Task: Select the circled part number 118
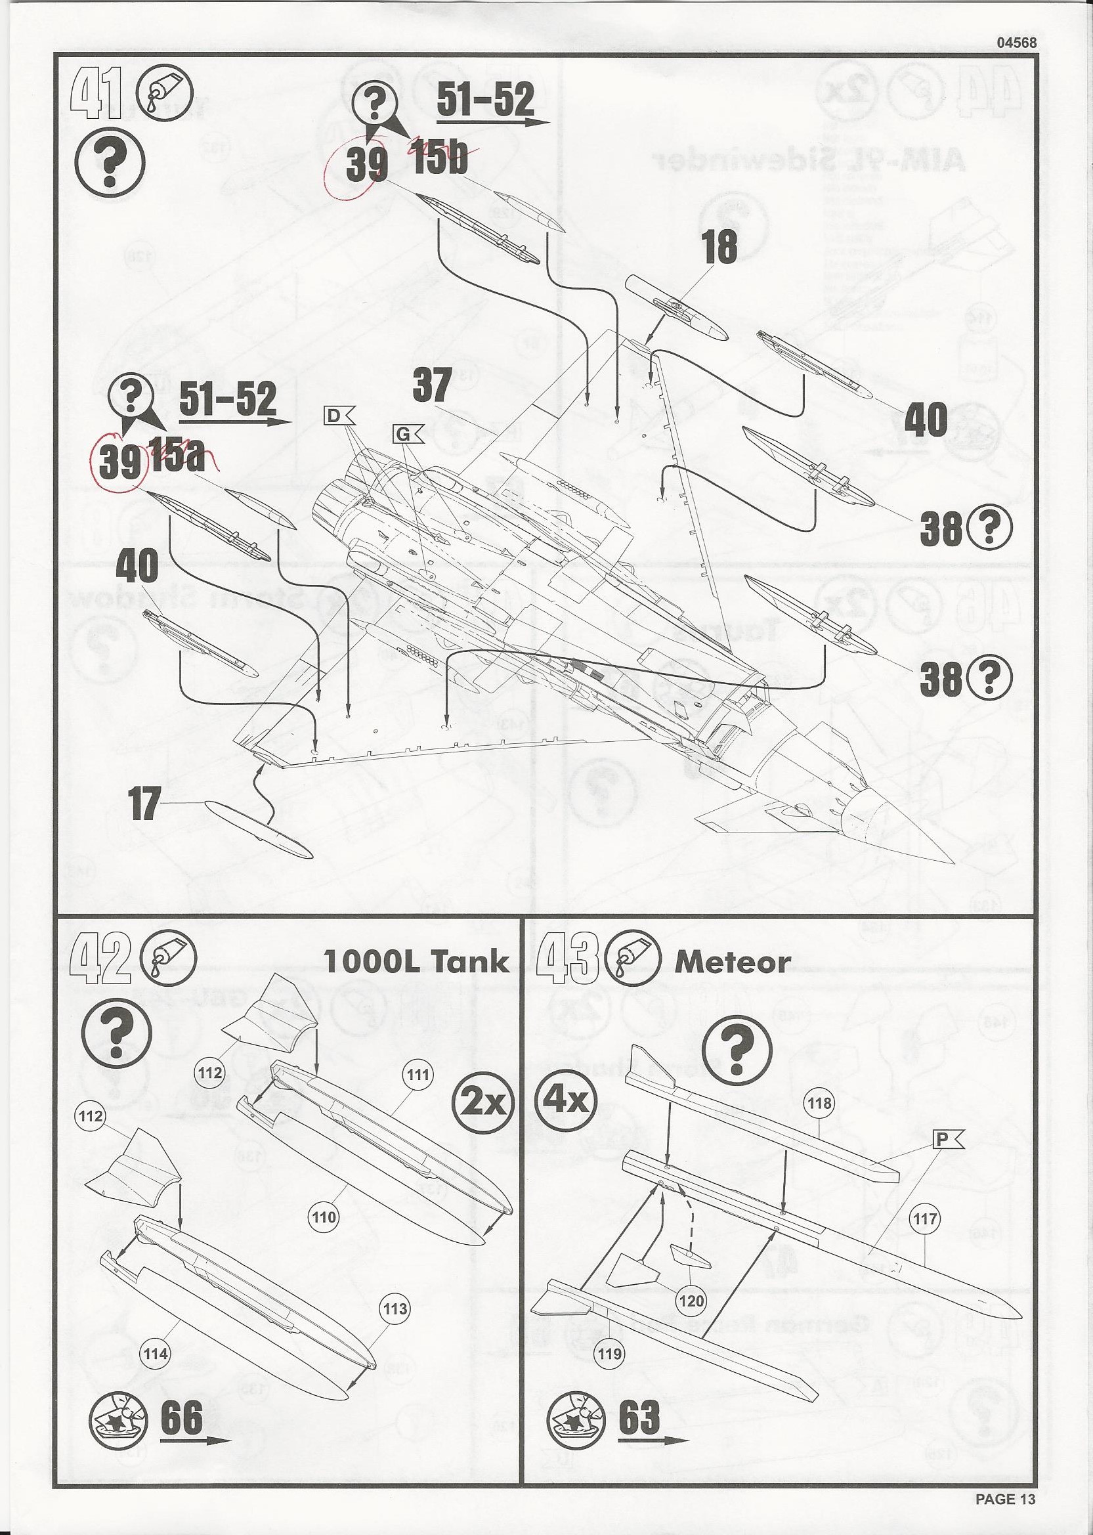pyautogui.click(x=819, y=1103)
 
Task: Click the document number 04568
pyautogui.click(x=1016, y=42)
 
